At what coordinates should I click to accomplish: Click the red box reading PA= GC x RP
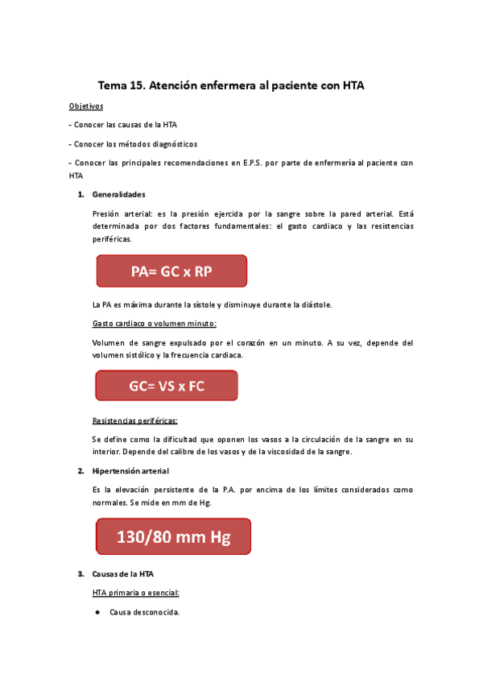171,271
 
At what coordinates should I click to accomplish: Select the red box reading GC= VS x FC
167,386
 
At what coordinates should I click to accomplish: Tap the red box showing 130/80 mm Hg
173,536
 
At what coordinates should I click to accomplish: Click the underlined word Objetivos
86,106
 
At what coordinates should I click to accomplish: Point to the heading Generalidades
119,194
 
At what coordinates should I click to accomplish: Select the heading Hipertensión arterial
130,470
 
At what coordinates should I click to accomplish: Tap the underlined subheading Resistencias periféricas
135,420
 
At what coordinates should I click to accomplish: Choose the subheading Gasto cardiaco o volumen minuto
155,323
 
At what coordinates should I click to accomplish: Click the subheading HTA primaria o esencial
136,593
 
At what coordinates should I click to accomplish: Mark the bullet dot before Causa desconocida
97,612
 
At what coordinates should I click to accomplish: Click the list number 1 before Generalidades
80,194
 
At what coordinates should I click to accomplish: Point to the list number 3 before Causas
80,574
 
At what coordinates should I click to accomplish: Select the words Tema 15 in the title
120,84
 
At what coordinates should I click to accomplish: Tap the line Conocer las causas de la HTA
125,125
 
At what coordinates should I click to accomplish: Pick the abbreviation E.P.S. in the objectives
243,162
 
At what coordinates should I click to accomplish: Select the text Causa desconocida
145,612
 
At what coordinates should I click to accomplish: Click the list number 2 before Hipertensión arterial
80,470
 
